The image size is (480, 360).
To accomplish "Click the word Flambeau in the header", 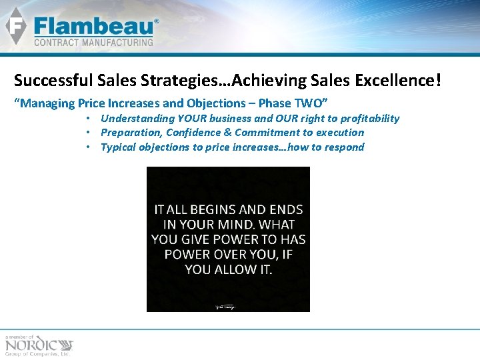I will (x=93, y=27).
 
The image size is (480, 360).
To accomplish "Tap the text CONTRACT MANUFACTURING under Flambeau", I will (x=93, y=42).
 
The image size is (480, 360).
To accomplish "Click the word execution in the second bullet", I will (x=339, y=132).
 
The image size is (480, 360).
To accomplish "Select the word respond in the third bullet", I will (x=343, y=147).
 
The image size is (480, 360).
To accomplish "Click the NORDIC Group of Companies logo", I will (x=39, y=345).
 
